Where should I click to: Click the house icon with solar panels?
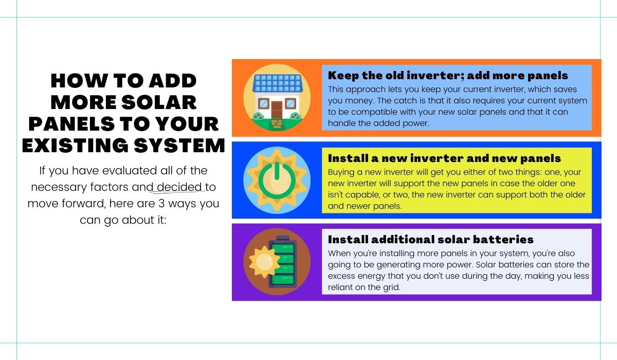tap(277, 98)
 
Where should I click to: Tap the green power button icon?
tap(277, 181)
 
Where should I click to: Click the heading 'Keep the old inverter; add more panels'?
tap(448, 75)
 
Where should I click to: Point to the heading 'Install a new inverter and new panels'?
tap(444, 158)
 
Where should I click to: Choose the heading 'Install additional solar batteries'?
tap(430, 239)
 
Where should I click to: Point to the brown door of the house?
tap(277, 110)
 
